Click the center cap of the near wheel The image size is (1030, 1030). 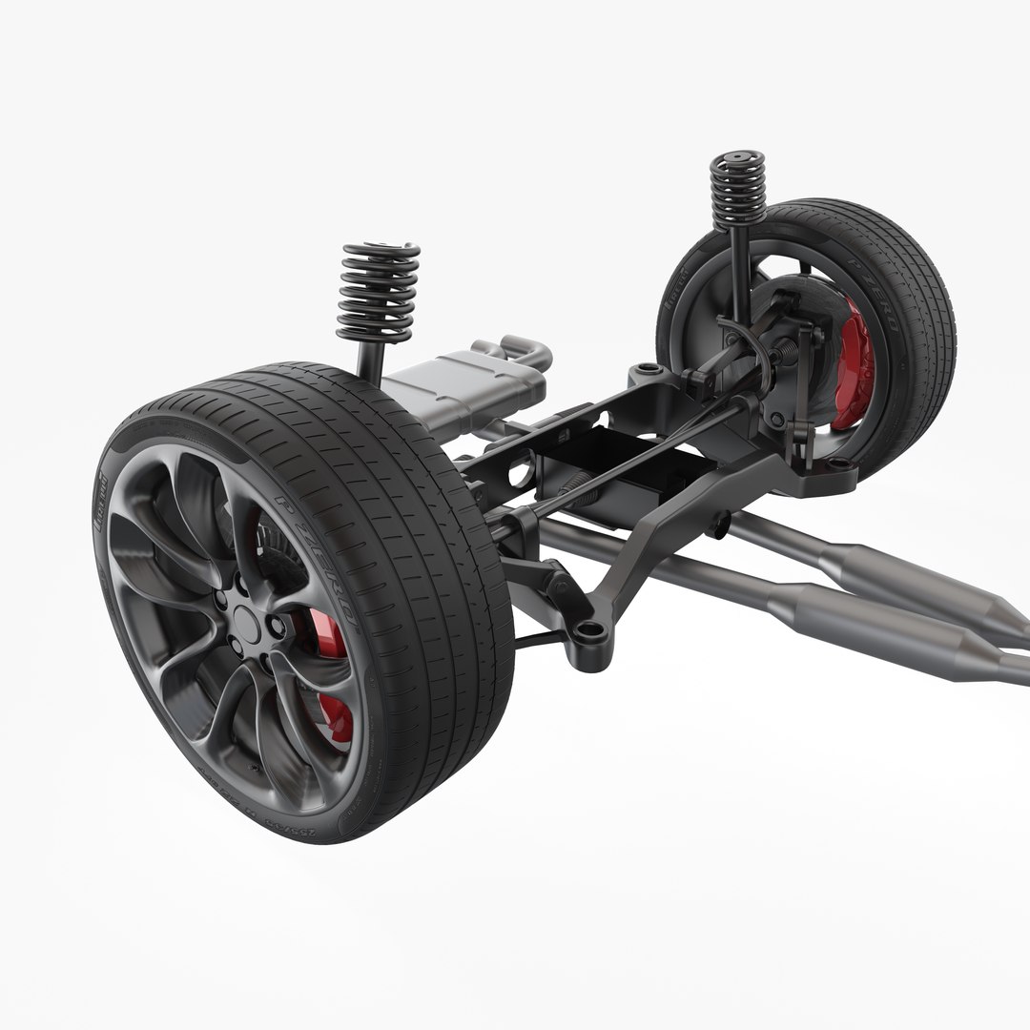(245, 621)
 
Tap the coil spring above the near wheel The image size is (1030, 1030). (378, 292)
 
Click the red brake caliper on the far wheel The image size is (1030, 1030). (853, 363)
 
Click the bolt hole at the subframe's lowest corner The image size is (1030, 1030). (589, 629)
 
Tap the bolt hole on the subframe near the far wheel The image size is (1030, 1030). (839, 463)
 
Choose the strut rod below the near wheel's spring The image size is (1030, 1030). (370, 360)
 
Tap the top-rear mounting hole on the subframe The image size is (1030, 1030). (649, 368)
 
